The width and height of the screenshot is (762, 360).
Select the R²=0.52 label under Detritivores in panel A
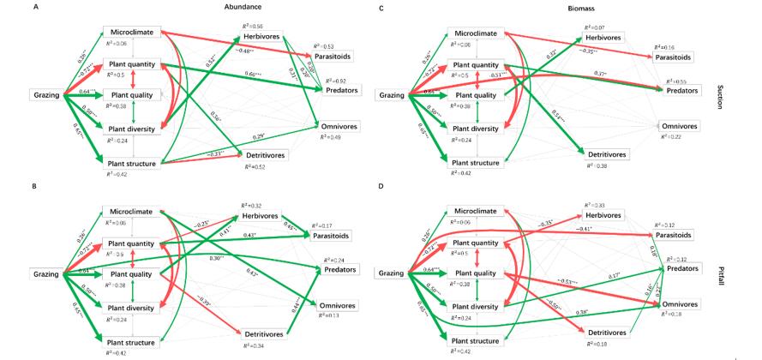255,166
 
